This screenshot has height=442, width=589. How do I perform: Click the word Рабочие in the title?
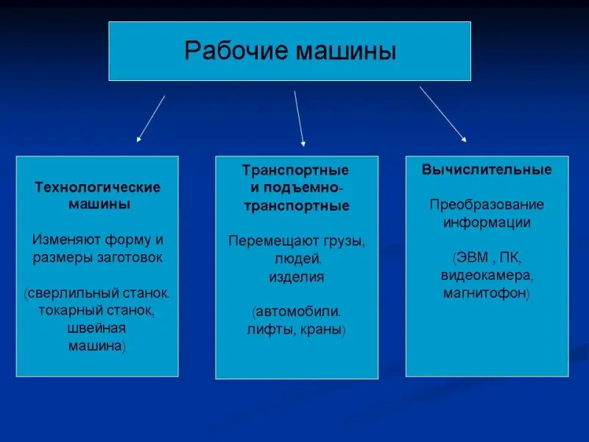click(236, 50)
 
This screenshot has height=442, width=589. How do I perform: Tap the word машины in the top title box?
click(346, 51)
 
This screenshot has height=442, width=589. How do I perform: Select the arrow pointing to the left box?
click(151, 119)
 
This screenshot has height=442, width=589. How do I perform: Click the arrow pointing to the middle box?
click(300, 119)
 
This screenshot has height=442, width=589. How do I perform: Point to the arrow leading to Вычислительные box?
click(443, 114)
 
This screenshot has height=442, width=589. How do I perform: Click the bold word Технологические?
click(98, 187)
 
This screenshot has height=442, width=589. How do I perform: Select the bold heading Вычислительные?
click(487, 169)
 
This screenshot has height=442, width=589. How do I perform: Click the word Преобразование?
click(487, 205)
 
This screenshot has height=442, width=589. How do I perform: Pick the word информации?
click(487, 222)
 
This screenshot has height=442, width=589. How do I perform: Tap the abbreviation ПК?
click(510, 258)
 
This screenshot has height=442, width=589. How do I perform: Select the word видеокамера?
click(487, 276)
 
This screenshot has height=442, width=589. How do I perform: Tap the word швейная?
click(96, 328)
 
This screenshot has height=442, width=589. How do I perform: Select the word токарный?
click(71, 310)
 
